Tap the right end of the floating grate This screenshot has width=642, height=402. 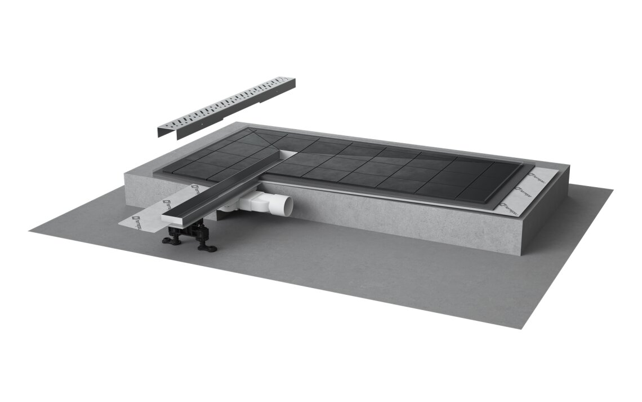point(290,85)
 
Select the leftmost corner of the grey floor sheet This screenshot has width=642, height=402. point(29,230)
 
